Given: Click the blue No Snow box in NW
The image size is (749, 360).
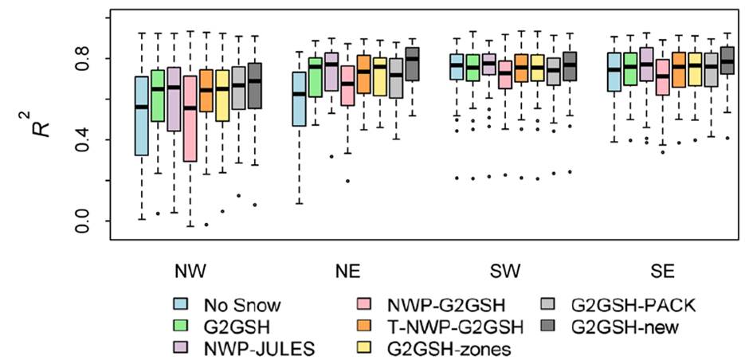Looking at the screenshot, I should (142, 116).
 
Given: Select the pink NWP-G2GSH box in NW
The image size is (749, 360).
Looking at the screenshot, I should (190, 119).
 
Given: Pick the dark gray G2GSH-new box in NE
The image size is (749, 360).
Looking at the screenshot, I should (413, 65).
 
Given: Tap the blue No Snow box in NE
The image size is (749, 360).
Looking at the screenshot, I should (300, 99).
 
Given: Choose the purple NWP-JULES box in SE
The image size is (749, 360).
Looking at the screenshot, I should (646, 65).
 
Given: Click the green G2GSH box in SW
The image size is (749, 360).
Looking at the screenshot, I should (473, 68).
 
